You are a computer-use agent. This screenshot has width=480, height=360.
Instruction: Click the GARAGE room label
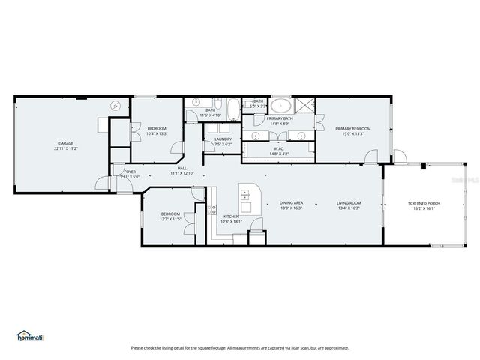point(65,143)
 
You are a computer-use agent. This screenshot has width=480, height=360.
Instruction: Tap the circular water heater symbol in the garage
point(115,106)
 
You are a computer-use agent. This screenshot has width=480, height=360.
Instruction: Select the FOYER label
point(130,172)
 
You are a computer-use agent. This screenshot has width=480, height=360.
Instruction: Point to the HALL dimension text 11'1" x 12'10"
point(182,173)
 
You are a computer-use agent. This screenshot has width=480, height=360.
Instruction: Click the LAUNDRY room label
point(223,139)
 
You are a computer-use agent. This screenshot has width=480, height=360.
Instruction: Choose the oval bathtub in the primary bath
point(281,105)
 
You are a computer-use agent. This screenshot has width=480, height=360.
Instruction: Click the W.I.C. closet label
point(278,148)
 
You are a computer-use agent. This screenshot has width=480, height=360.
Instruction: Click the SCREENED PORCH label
point(424,203)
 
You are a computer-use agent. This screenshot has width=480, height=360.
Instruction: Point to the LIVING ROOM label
point(349,203)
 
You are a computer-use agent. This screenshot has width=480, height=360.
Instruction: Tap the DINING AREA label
point(291,203)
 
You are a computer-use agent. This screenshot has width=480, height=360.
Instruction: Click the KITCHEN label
point(230,217)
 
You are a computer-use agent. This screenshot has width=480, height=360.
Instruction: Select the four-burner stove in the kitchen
point(213,210)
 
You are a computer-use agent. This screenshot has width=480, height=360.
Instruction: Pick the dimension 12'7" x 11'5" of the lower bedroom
point(170,220)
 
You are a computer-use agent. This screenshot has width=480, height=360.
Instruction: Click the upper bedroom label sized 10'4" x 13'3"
point(157,128)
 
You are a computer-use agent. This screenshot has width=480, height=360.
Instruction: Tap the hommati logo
point(30,335)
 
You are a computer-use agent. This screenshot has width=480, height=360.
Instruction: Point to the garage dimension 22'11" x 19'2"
point(65,148)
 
